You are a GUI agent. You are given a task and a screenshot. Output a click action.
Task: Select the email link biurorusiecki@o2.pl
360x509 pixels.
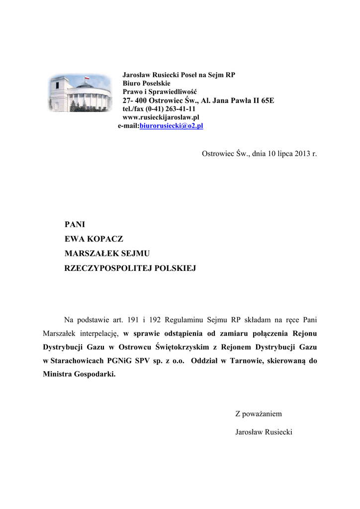pyautogui.click(x=172, y=126)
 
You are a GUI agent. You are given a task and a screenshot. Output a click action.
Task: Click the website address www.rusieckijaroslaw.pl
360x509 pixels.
pyautogui.click(x=161, y=117)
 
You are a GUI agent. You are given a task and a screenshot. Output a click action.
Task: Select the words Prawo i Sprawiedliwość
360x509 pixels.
pyautogui.click(x=160, y=92)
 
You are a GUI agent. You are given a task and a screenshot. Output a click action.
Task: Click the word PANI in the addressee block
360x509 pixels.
pyautogui.click(x=75, y=225)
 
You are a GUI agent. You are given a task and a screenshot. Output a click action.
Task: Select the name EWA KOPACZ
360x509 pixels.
pyautogui.click(x=94, y=239)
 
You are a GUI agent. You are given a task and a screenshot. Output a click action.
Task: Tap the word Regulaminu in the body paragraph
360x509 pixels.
pyautogui.click(x=181, y=319)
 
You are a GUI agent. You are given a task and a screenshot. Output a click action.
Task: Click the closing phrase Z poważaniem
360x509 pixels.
pyautogui.click(x=258, y=414)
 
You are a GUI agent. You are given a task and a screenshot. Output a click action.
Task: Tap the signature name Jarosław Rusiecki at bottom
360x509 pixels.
pyautogui.click(x=264, y=432)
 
